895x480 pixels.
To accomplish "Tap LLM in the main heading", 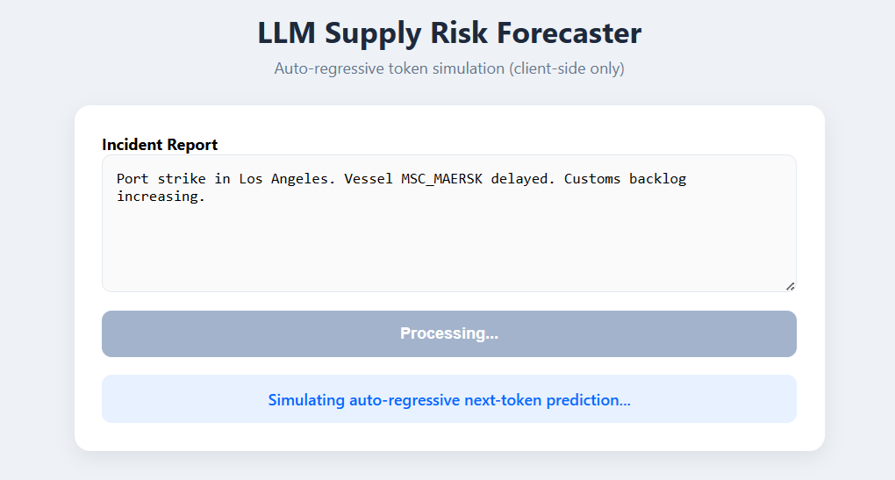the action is click(x=287, y=32).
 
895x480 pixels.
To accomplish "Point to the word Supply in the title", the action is click(x=373, y=34).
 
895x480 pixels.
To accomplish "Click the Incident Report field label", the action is click(x=160, y=145).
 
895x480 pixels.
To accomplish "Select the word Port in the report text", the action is click(x=132, y=179).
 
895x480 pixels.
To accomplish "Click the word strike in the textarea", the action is click(x=182, y=179).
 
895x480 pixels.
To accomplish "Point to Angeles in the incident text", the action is click(x=303, y=179).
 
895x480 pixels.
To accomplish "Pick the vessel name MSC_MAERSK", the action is click(x=441, y=179).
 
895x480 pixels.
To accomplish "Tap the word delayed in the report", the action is click(x=523, y=179).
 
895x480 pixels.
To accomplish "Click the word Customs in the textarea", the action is click(x=592, y=179).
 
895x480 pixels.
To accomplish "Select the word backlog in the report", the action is click(x=657, y=179).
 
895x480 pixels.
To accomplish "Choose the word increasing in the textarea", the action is click(x=161, y=197).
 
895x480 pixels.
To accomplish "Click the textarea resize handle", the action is click(x=790, y=287).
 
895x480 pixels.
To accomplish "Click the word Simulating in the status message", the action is click(x=306, y=400).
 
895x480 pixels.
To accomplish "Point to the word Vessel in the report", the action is click(x=369, y=179).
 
